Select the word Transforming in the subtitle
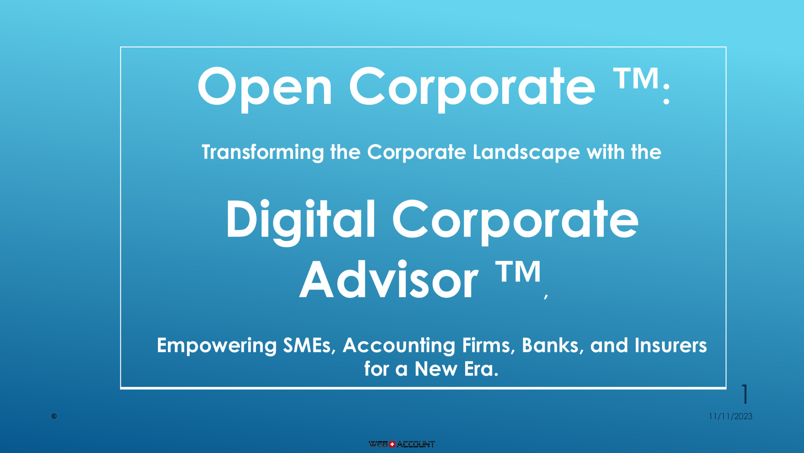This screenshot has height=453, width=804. click(263, 153)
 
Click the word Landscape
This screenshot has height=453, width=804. click(526, 153)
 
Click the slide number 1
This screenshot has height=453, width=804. click(745, 394)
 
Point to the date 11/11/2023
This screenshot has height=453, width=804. click(731, 417)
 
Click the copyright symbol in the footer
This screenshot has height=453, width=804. click(54, 417)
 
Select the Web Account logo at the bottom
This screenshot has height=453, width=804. click(402, 444)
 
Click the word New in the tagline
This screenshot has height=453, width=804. click(436, 369)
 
